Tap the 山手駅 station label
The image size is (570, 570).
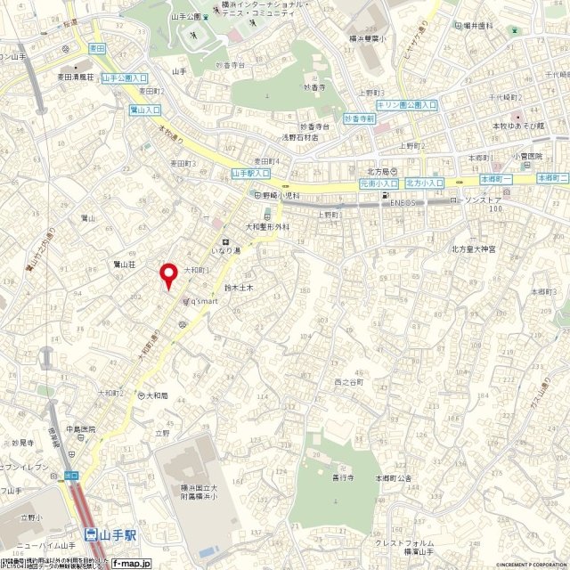click(x=110, y=535)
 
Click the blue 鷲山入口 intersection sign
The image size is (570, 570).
click(x=145, y=110)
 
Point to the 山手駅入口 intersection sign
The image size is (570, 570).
click(x=250, y=174)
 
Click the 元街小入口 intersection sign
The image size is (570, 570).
click(x=379, y=183)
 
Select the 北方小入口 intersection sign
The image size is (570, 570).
click(x=424, y=183)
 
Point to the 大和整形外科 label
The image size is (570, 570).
click(x=256, y=225)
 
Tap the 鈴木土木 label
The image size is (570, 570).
click(x=240, y=289)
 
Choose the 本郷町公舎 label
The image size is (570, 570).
click(x=393, y=478)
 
